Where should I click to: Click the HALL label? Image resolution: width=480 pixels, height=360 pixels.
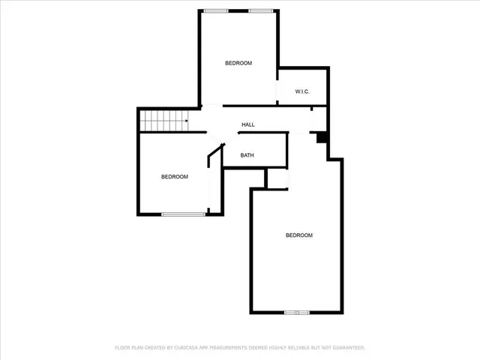point(248,124)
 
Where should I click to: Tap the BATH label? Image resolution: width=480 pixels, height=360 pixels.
point(247,156)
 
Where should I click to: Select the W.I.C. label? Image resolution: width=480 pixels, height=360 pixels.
point(302,91)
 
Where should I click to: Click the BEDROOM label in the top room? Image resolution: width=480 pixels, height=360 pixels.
point(238,63)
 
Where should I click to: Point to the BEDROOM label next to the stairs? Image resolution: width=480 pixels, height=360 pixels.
point(175,177)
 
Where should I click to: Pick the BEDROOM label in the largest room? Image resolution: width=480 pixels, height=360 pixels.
point(298,235)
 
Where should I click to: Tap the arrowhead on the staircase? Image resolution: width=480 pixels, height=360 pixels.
point(186,119)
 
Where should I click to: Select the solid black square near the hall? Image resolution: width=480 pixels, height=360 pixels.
point(321,137)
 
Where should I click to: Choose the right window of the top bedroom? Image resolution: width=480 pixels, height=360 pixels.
point(260,10)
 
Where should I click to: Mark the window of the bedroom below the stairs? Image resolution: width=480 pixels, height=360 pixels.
point(184,214)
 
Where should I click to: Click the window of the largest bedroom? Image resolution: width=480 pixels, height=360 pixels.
point(297,312)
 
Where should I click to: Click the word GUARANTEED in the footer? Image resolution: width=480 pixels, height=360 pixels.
point(348,348)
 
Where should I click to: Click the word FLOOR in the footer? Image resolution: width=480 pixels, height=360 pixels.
point(122,348)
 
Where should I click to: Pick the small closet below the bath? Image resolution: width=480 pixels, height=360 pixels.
point(277,178)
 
